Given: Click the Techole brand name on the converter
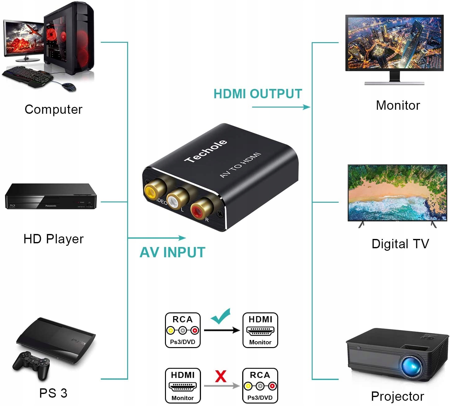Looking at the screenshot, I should (206, 151).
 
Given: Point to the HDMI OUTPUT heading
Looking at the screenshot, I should (258, 94).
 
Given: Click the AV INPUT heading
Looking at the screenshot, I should (172, 252).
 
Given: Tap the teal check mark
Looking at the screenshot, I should (221, 316).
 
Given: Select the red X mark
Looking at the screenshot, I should (221, 376).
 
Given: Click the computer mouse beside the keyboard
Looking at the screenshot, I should (69, 87).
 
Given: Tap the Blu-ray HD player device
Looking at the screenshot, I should (51, 196).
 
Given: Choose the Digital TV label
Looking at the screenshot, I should (400, 244).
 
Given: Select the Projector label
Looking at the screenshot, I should (398, 396).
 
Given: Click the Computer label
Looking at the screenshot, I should (53, 109).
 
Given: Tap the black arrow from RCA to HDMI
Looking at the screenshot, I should (221, 330).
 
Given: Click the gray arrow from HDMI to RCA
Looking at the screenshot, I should (221, 386).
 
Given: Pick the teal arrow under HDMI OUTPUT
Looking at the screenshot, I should (281, 107).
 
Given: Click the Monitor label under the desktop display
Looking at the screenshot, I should (398, 105).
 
